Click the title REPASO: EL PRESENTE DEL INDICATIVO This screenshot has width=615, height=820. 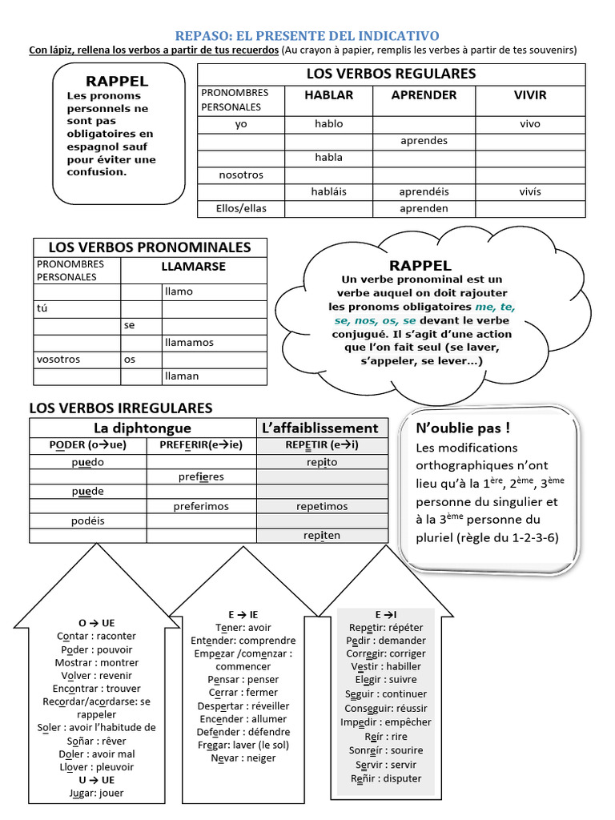307,36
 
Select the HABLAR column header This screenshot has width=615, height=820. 328,94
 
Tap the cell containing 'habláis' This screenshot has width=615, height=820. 328,191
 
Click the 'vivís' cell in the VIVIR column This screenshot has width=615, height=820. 530,191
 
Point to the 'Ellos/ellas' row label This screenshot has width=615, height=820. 241,208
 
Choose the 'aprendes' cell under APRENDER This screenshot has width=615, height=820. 424,141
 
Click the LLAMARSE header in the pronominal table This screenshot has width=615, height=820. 193,267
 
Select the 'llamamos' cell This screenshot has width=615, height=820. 189,342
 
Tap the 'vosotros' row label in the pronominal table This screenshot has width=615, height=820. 58,360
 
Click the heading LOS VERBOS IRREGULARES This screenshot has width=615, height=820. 121,408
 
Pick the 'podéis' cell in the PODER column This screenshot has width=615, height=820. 88,521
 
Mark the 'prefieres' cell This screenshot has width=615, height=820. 201,476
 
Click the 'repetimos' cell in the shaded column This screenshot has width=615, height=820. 322,506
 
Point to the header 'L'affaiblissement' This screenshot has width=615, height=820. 320,428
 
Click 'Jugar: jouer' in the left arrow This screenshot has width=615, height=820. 96,793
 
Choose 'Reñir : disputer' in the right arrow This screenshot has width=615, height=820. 385,778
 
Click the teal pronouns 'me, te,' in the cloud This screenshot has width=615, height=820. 495,307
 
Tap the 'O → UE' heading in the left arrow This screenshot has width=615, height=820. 96,623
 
